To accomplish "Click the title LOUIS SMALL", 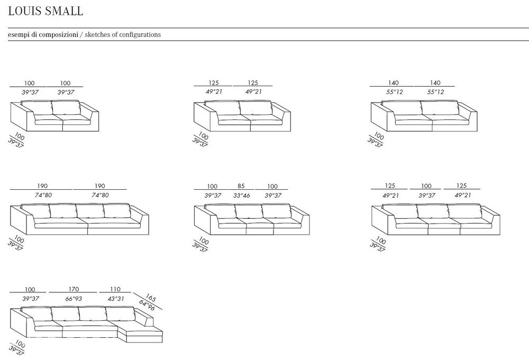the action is coord(45,11).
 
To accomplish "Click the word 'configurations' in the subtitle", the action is coord(140,35).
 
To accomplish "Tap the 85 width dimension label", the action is coord(241,186).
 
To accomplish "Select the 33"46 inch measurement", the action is coord(242,195).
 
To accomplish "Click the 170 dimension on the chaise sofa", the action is coord(74,289).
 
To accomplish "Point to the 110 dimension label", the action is coord(115,289).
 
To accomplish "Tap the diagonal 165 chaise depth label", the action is coord(150,298).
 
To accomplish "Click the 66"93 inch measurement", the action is coord(74,299).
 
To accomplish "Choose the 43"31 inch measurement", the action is coord(116,299).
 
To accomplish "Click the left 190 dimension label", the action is coord(42,186).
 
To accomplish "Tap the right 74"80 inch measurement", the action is coord(100,195).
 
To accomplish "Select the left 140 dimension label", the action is coord(393,82).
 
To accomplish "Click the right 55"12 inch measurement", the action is coord(435,91).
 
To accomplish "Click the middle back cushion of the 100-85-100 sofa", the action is coord(248,211).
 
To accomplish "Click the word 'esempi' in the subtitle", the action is coord(19,35).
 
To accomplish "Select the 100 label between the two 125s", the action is coord(426,186).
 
